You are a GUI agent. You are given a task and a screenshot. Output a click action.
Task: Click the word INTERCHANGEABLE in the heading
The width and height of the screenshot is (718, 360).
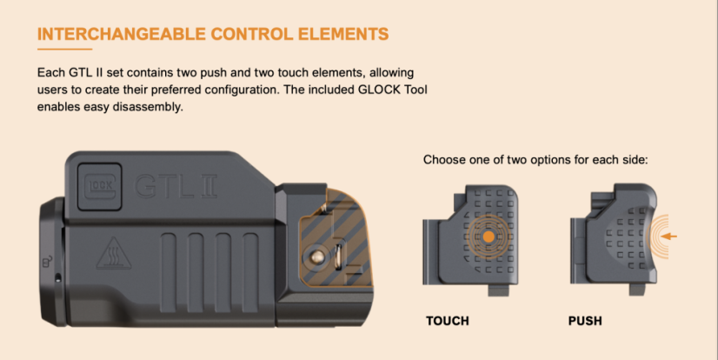122,35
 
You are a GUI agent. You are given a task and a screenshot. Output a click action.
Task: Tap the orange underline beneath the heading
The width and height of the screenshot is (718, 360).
64,49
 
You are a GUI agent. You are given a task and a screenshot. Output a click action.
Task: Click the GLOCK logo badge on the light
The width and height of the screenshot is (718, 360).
100,186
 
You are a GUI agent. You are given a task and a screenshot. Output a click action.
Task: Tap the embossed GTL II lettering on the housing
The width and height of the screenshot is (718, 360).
176,186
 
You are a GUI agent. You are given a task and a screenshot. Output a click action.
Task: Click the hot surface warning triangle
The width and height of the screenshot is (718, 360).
114,253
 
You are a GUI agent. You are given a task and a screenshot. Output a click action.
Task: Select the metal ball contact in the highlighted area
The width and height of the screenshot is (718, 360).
316,257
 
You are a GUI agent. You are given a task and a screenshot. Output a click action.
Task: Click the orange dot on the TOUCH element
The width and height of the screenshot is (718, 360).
489,237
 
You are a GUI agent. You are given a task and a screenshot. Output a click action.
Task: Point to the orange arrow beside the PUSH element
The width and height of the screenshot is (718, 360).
669,237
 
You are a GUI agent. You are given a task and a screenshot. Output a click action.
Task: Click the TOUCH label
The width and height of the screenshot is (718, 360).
448,321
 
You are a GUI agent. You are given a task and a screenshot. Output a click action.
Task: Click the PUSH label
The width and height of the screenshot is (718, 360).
585,321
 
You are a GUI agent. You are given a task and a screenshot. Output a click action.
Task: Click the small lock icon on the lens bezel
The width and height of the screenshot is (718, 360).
47,261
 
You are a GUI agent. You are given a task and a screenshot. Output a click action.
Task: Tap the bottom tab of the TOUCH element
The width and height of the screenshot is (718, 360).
499,290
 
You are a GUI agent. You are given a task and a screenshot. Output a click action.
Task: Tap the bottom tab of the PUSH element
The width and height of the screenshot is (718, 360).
640,290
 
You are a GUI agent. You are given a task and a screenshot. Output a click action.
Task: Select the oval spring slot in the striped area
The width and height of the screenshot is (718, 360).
339,257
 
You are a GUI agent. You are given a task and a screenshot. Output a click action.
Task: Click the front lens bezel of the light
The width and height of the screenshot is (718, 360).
52,261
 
